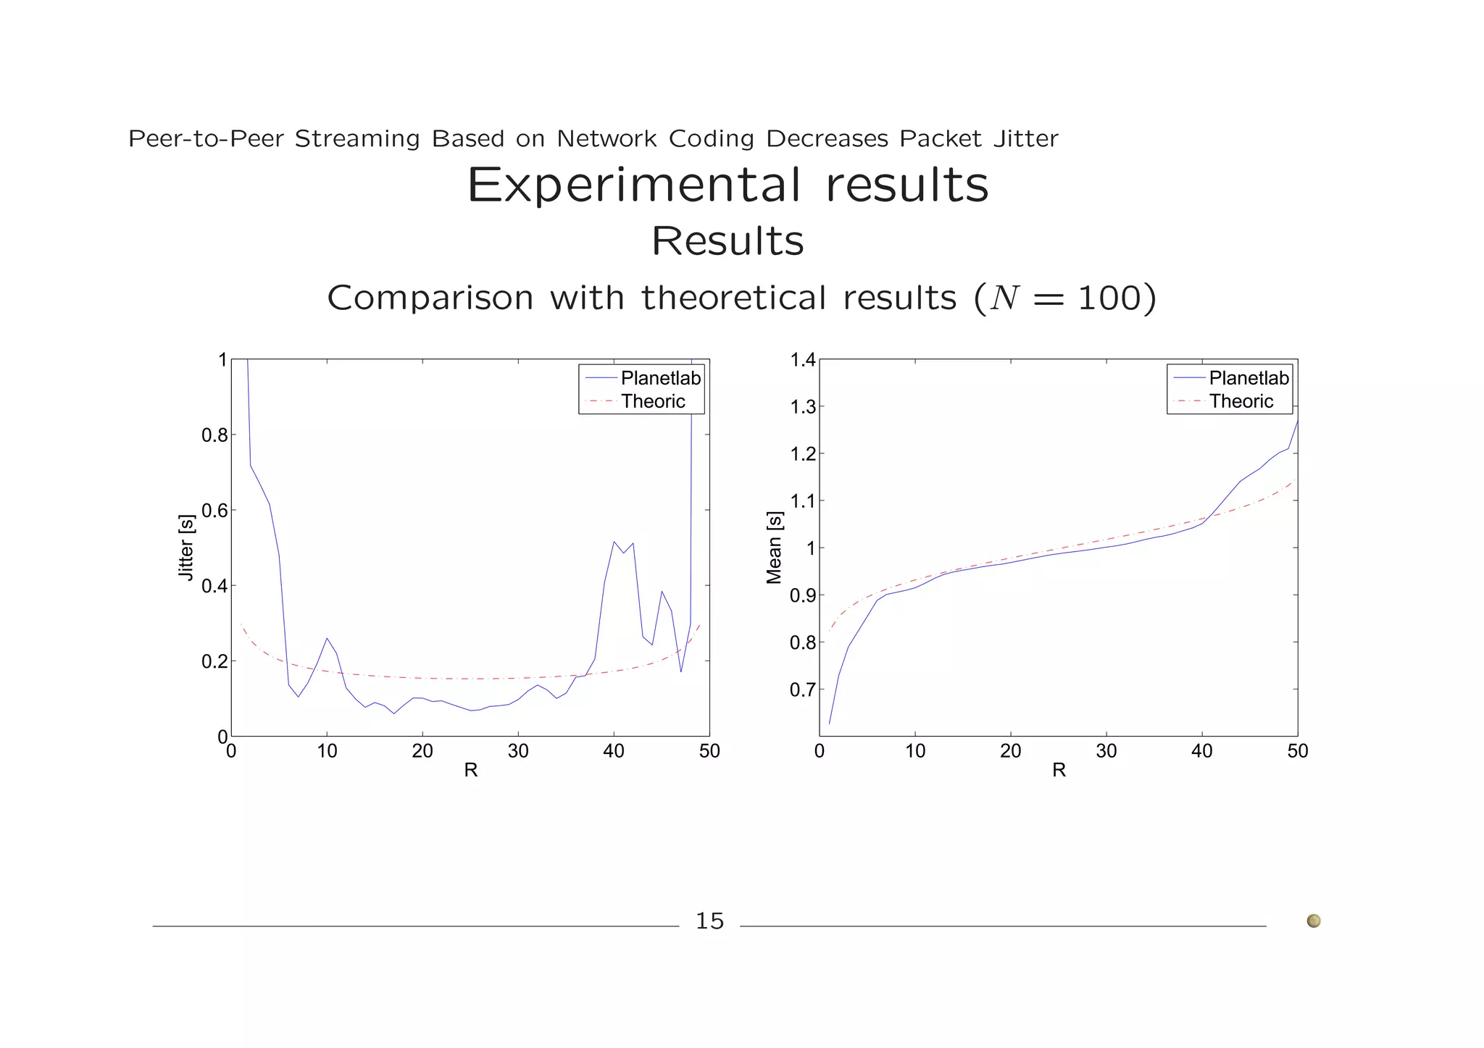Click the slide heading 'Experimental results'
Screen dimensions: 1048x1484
click(x=728, y=185)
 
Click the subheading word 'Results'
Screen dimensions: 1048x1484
click(x=728, y=241)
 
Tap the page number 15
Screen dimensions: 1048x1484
click(x=709, y=921)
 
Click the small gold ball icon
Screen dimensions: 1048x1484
click(x=1313, y=921)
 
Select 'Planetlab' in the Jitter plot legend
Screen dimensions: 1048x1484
click(x=660, y=378)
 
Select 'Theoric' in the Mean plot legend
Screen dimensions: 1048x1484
click(x=1241, y=401)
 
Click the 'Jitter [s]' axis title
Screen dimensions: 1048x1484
click(x=186, y=548)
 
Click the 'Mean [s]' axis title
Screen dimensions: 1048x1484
click(x=774, y=548)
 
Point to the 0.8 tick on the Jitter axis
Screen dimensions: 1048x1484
click(x=214, y=435)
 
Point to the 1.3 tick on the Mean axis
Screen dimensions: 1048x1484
click(x=802, y=407)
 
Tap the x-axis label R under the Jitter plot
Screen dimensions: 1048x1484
click(x=470, y=771)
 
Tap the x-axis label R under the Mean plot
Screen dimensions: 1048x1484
click(x=1059, y=771)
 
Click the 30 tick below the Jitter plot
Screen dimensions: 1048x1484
click(x=518, y=752)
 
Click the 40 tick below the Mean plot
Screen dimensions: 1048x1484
click(x=1201, y=752)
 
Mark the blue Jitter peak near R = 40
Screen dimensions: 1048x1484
click(x=614, y=541)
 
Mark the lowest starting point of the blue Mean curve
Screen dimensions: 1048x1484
click(x=830, y=723)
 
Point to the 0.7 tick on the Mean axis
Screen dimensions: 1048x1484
click(x=802, y=689)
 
